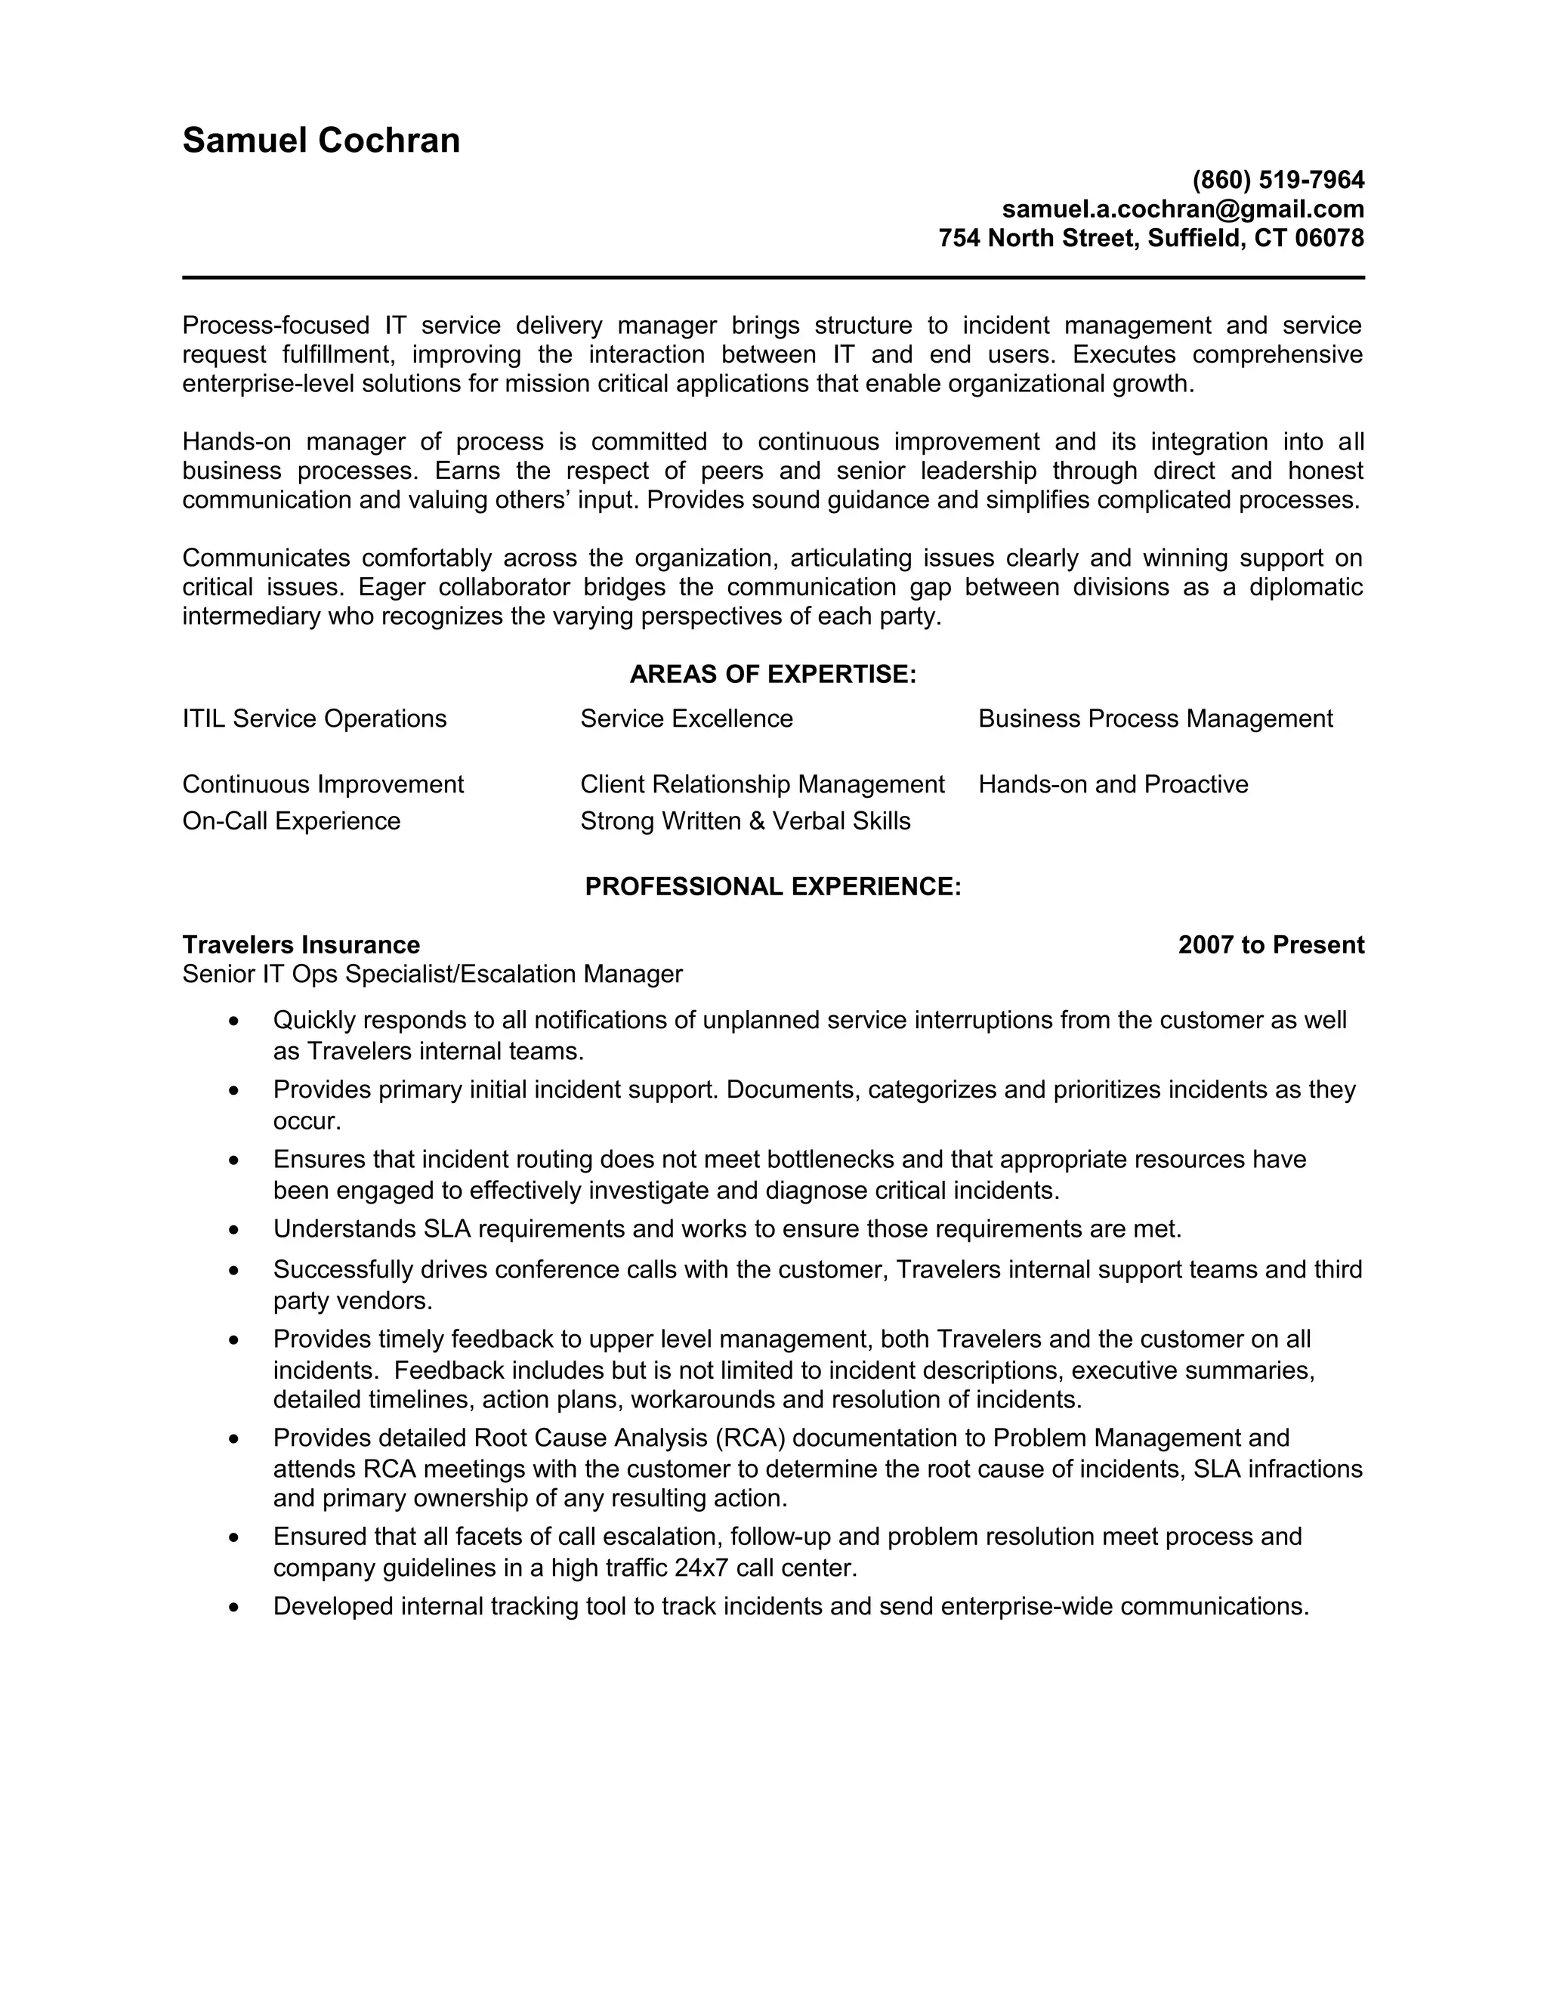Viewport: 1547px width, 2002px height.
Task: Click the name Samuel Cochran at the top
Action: click(x=321, y=141)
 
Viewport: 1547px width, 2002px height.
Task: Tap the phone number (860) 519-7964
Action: click(x=1277, y=180)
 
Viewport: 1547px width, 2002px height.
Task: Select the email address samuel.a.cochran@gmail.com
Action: click(x=1182, y=209)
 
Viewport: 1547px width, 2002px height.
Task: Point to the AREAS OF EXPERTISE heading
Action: click(x=773, y=675)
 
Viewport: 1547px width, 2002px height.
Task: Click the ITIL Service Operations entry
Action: click(x=314, y=718)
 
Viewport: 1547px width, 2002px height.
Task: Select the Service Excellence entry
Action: click(x=687, y=718)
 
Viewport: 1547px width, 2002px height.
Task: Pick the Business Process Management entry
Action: click(x=1155, y=718)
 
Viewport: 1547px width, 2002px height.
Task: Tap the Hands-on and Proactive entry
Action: click(x=1113, y=785)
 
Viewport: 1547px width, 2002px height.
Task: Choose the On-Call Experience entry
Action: click(x=292, y=821)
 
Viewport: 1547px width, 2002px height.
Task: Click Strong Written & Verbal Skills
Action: click(x=745, y=821)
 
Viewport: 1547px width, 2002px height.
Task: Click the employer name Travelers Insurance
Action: click(x=301, y=945)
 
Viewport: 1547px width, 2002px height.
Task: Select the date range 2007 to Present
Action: click(x=1271, y=945)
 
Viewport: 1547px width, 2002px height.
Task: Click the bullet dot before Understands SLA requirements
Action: click(x=235, y=1230)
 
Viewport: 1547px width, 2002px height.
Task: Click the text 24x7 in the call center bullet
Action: click(x=701, y=1568)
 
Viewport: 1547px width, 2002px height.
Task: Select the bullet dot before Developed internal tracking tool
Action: click(x=235, y=1608)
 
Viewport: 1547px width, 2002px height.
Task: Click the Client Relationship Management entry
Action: click(x=761, y=785)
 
